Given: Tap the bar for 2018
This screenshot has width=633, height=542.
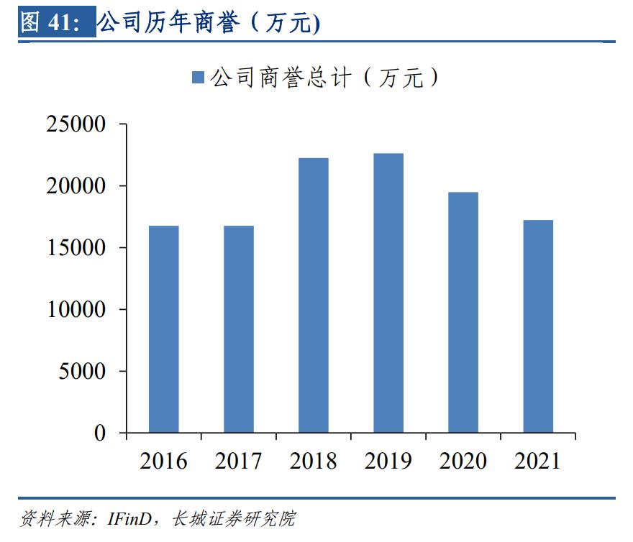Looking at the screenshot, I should tap(313, 295).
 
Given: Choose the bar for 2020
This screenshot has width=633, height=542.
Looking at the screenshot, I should tap(463, 312).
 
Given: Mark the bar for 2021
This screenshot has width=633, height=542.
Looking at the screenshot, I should tap(538, 326).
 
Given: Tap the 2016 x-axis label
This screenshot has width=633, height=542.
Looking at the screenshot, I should tap(163, 461).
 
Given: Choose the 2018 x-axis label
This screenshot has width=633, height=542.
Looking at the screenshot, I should tap(313, 461).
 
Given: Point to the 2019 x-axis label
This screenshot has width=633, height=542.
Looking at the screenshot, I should tap(388, 461).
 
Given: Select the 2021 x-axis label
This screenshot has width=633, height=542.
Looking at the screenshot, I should tap(538, 461).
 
